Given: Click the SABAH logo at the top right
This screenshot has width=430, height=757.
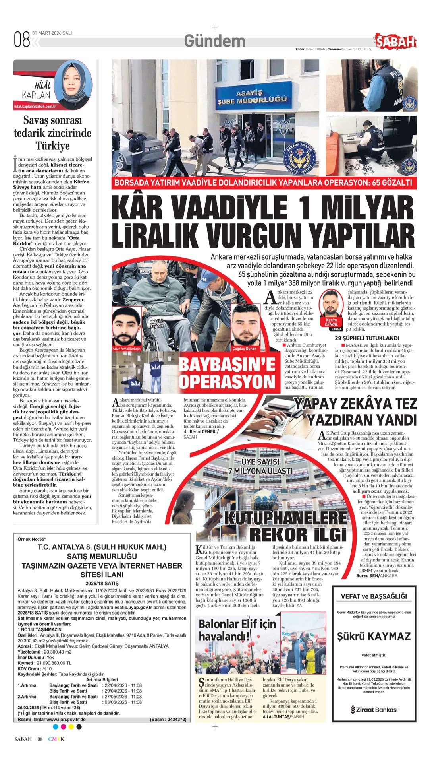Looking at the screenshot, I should coord(395,41).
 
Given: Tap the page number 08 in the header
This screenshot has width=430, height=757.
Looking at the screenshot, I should coord(22,40).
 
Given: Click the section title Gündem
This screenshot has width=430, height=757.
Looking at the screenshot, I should coord(214,41).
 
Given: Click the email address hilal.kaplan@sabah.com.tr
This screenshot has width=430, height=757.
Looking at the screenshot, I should coord(35,107).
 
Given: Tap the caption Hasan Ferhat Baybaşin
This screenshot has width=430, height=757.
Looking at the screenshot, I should coord(126,349).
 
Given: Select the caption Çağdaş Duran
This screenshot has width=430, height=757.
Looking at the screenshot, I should coord(245,348).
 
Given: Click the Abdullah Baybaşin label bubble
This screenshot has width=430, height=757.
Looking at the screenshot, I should coord(156,324).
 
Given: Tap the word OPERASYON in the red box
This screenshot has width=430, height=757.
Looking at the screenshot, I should coord(227,381).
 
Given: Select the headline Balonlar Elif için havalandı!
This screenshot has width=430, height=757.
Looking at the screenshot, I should coord(237,630).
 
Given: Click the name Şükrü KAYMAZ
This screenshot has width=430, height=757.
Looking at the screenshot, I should coord(374,636).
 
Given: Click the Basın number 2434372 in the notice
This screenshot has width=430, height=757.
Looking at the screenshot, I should coord(168,719).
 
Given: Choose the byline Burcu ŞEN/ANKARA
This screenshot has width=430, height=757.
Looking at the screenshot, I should coord(376,575).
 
